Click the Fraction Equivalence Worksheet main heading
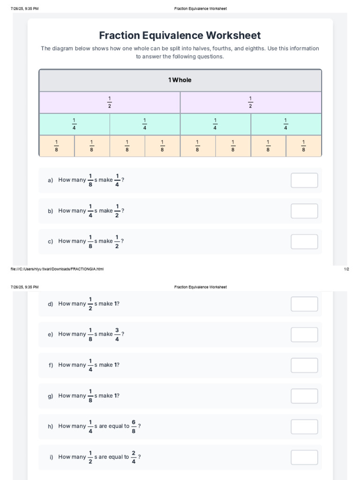180,36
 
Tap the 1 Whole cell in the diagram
180,80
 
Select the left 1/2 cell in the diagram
110,102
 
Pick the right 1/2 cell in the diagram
250,102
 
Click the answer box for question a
304,180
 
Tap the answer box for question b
304,211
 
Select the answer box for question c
304,242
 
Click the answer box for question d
304,304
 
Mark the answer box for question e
304,335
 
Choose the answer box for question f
304,365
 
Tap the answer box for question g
304,396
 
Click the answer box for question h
304,427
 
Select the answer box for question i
304,457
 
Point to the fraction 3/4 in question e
117,334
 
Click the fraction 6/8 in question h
134,426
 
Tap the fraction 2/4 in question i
134,457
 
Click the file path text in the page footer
57,269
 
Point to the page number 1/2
346,269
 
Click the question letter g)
50,396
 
